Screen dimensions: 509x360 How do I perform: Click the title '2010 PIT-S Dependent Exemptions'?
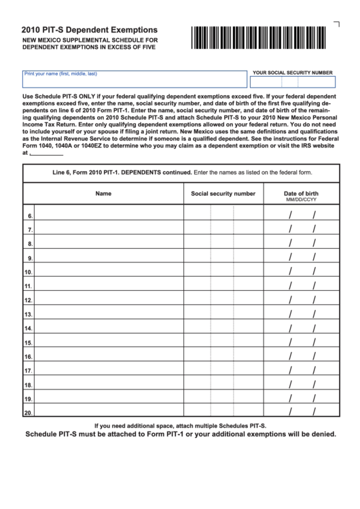[x=90, y=30]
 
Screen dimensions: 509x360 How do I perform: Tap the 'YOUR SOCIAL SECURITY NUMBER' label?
[x=292, y=71]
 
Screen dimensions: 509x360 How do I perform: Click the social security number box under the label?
[x=293, y=83]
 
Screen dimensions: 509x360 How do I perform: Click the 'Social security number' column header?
[x=223, y=194]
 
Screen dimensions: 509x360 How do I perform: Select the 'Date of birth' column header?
[x=301, y=194]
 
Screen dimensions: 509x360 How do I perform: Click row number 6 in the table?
[x=29, y=216]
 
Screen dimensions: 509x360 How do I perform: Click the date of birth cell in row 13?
[x=301, y=315]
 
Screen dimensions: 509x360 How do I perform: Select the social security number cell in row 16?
[x=223, y=357]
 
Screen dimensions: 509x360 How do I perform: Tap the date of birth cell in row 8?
[x=301, y=244]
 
